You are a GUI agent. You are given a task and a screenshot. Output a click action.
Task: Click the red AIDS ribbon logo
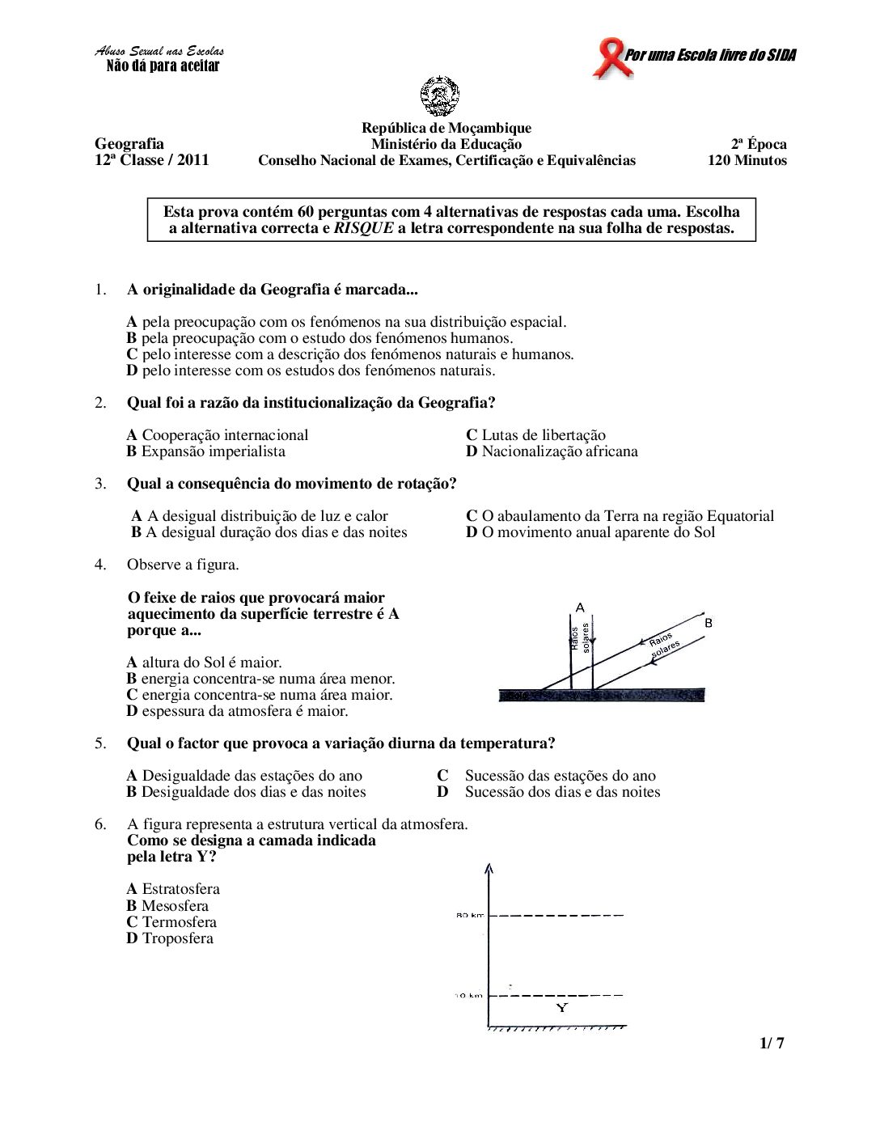point(611,58)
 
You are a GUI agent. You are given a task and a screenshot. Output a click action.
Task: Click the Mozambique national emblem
point(440,96)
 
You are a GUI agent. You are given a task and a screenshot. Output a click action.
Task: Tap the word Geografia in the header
point(129,144)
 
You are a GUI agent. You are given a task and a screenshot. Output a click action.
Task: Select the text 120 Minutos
point(747,160)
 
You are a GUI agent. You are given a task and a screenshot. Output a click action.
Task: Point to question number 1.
point(100,290)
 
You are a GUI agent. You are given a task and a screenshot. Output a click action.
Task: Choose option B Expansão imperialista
point(206,451)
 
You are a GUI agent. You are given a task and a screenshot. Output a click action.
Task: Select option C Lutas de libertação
point(535,435)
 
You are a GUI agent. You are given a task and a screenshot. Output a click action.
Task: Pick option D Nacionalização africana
point(552,451)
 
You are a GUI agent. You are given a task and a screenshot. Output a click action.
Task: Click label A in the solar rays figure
point(580,608)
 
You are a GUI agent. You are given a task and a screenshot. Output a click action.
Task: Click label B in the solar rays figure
point(709,623)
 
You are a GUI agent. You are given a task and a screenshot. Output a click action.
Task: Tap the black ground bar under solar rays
point(602,695)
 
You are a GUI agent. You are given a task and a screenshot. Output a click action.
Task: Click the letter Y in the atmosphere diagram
point(562,1007)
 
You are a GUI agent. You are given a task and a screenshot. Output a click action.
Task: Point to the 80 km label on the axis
point(469,915)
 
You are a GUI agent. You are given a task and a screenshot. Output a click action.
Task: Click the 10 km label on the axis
point(469,995)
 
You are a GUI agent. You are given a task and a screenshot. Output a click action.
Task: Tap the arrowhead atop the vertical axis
point(489,870)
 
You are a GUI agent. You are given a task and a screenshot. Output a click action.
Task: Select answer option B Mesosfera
point(167,906)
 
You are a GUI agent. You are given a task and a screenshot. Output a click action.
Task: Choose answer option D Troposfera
point(170,938)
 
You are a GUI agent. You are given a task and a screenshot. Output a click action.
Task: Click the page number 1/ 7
point(772,1043)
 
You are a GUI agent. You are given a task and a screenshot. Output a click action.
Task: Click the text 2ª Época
point(759,144)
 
